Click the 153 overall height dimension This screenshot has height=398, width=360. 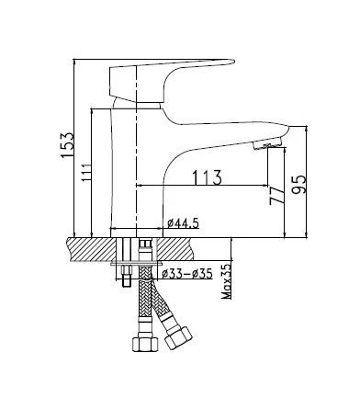[67, 145]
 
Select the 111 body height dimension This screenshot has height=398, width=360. [86, 173]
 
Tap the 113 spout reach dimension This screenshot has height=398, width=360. [207, 177]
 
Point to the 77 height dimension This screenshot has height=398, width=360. [276, 196]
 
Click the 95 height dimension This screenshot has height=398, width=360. [298, 185]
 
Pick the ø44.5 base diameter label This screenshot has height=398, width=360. [184, 223]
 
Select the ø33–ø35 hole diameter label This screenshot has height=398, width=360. [187, 273]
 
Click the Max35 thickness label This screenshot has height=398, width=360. [227, 281]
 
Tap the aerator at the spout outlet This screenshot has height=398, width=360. [267, 144]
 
